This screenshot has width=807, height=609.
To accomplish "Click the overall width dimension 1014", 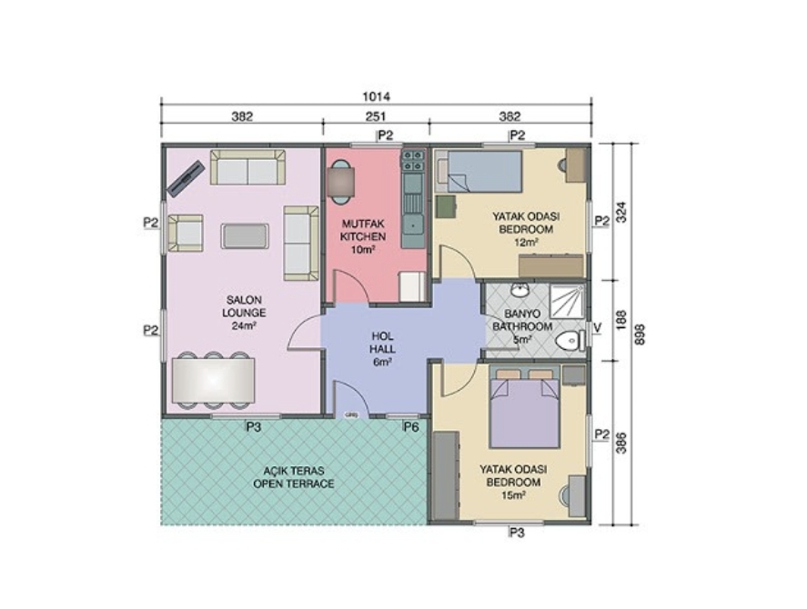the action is (x=377, y=96).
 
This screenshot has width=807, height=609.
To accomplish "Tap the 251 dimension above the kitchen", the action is (x=376, y=116).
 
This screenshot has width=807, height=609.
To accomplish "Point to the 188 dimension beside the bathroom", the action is (x=620, y=320).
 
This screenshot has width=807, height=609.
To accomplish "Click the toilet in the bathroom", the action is (x=571, y=341).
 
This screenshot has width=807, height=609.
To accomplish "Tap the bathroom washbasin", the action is (x=520, y=290).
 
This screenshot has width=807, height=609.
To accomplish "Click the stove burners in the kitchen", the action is (x=413, y=161).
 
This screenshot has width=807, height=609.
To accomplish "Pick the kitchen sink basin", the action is (x=413, y=225).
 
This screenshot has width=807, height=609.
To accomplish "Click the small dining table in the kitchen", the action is (x=340, y=182).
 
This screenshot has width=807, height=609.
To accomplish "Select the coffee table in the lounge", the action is (x=245, y=236).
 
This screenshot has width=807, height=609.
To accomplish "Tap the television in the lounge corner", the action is (x=185, y=178).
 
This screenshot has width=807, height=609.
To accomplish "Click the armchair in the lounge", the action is (x=185, y=233).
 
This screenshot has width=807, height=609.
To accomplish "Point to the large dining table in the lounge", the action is (x=213, y=380).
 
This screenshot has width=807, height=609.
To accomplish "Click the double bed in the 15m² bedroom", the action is (x=524, y=407).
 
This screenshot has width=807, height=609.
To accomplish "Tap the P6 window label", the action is (x=411, y=426).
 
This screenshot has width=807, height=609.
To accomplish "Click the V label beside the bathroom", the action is (x=597, y=327).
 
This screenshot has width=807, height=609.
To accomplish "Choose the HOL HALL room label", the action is (x=382, y=349).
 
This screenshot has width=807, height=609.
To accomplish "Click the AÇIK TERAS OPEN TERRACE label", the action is (x=294, y=477).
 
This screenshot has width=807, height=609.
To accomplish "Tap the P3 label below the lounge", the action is (x=254, y=427).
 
